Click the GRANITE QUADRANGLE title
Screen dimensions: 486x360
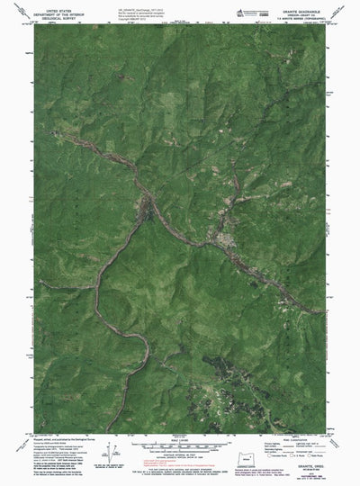(x=302, y=4)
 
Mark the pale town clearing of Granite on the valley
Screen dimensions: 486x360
(x=217, y=241)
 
